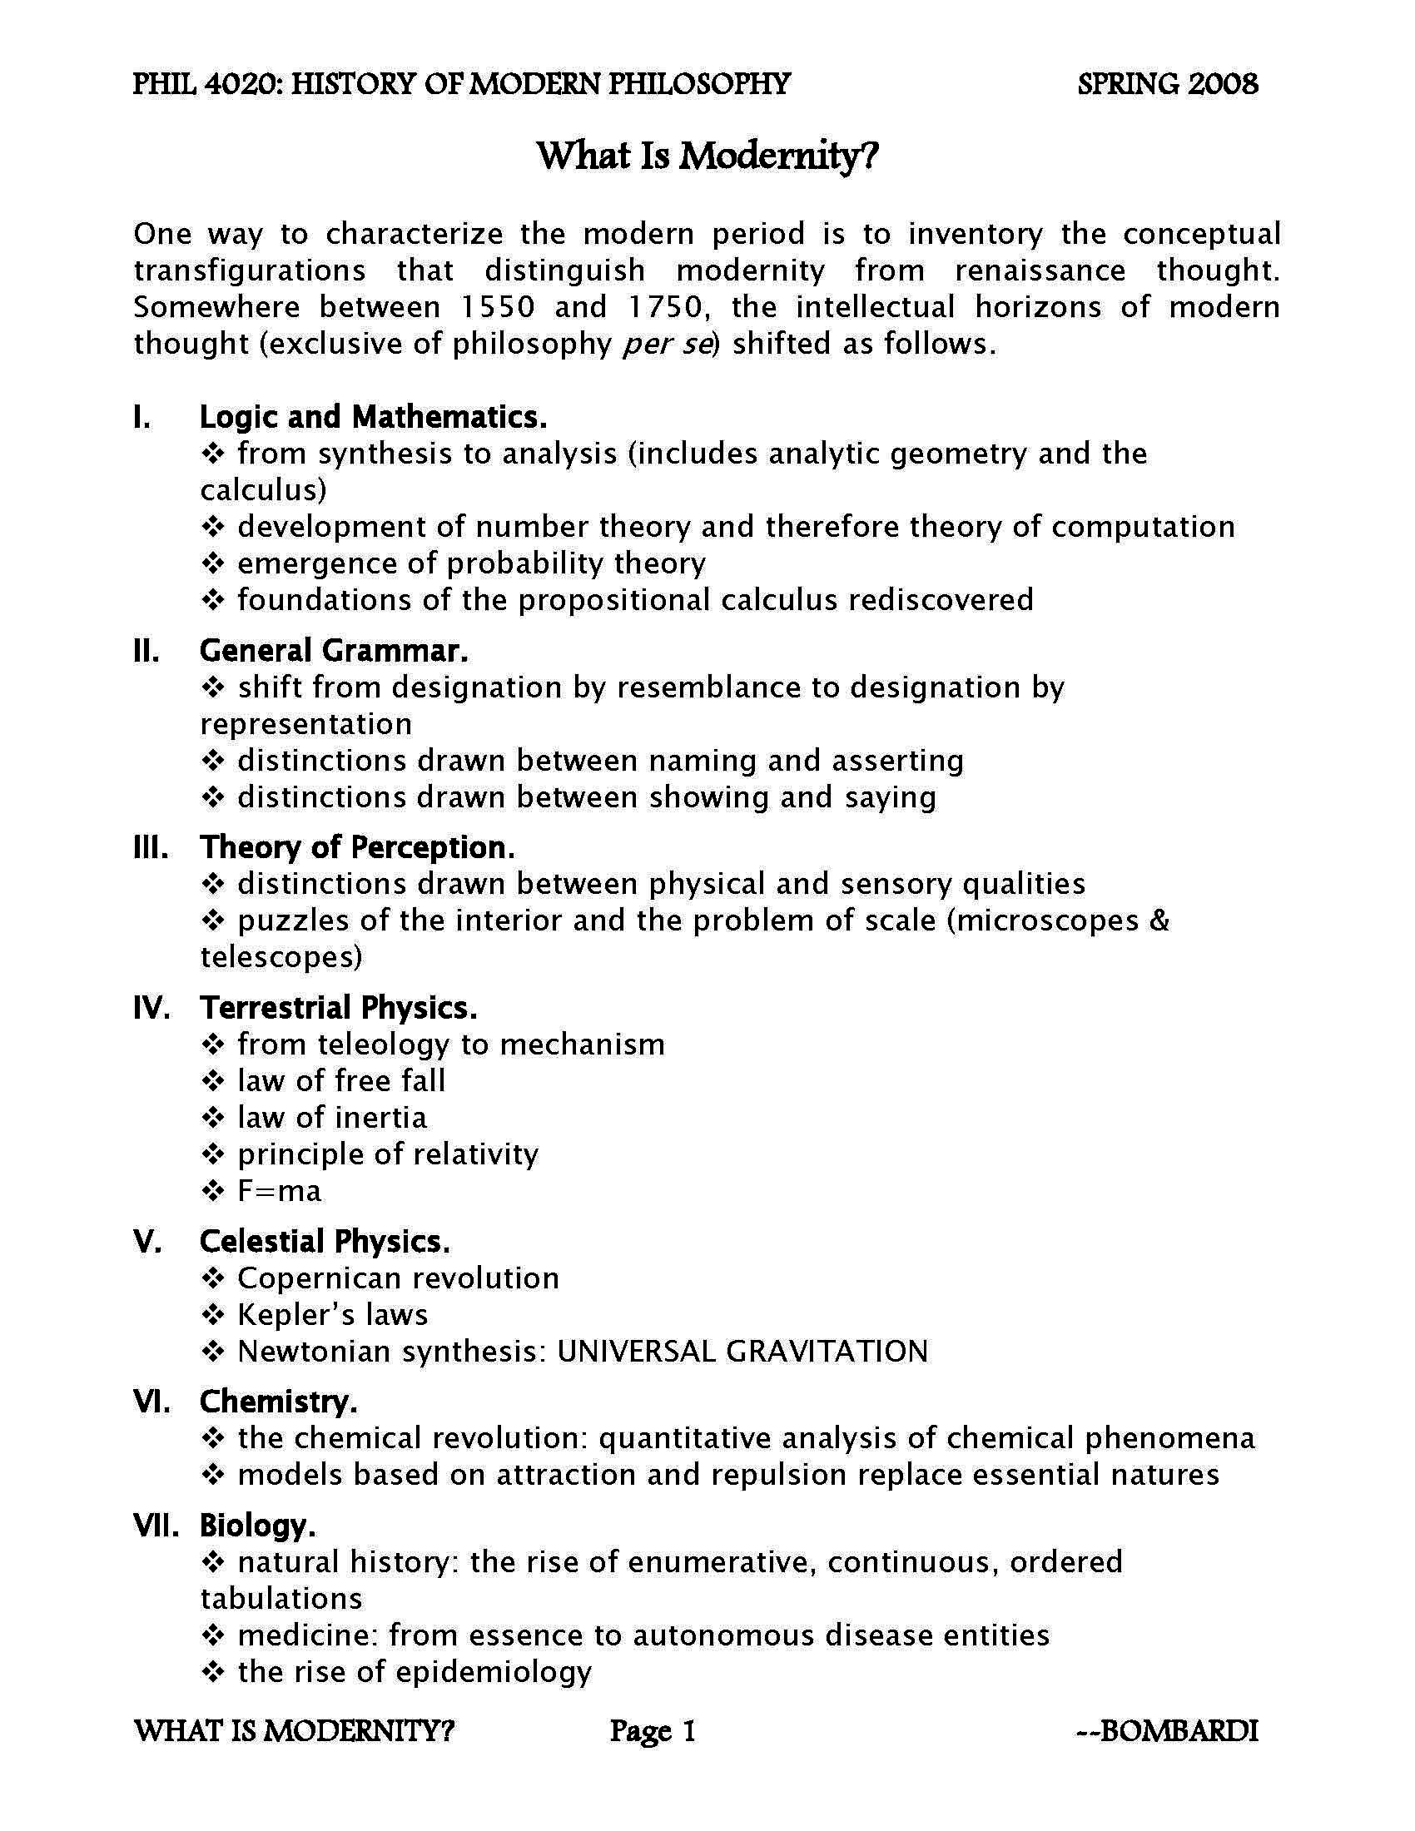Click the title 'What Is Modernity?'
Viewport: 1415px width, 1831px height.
coord(707,156)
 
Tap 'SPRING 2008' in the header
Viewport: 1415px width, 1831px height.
coord(1168,84)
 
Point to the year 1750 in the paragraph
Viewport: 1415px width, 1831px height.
coord(663,307)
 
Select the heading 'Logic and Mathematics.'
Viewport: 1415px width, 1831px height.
coord(373,417)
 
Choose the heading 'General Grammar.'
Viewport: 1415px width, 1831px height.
coord(334,651)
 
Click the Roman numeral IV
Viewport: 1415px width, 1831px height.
coord(152,1008)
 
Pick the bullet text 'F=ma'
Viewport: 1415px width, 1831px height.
coord(279,1190)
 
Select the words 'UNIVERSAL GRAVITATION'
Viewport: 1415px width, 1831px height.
coord(742,1352)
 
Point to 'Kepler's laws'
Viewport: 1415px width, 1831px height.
coord(333,1314)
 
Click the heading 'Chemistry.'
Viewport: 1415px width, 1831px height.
coord(278,1401)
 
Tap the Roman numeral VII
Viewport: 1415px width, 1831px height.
coord(156,1525)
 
